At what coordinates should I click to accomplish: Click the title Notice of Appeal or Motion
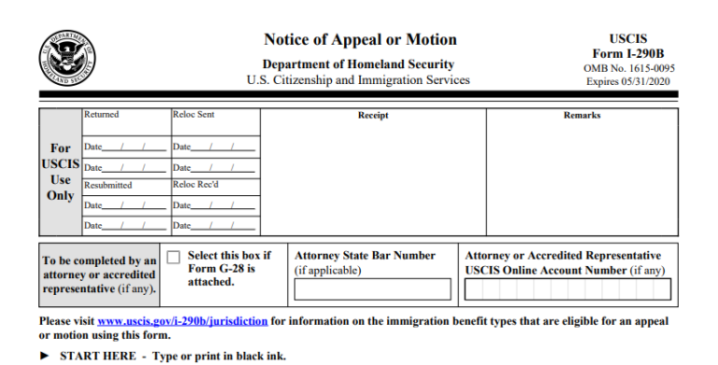coord(360,40)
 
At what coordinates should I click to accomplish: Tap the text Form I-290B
coord(627,54)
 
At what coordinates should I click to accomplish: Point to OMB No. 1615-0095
coord(627,68)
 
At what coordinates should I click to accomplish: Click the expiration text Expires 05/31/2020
coord(627,81)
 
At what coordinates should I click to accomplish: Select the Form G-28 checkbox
coord(173,258)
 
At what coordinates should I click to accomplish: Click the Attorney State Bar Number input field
coord(372,289)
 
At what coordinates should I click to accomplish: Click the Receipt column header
coord(373,116)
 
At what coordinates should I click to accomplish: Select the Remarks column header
coord(582,116)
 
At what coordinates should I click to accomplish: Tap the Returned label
coord(101,115)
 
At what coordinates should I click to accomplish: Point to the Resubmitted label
coord(108,185)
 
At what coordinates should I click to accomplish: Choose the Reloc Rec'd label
coord(194,185)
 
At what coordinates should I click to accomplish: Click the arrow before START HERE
coord(46,356)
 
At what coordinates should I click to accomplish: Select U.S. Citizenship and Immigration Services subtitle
coord(358,80)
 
